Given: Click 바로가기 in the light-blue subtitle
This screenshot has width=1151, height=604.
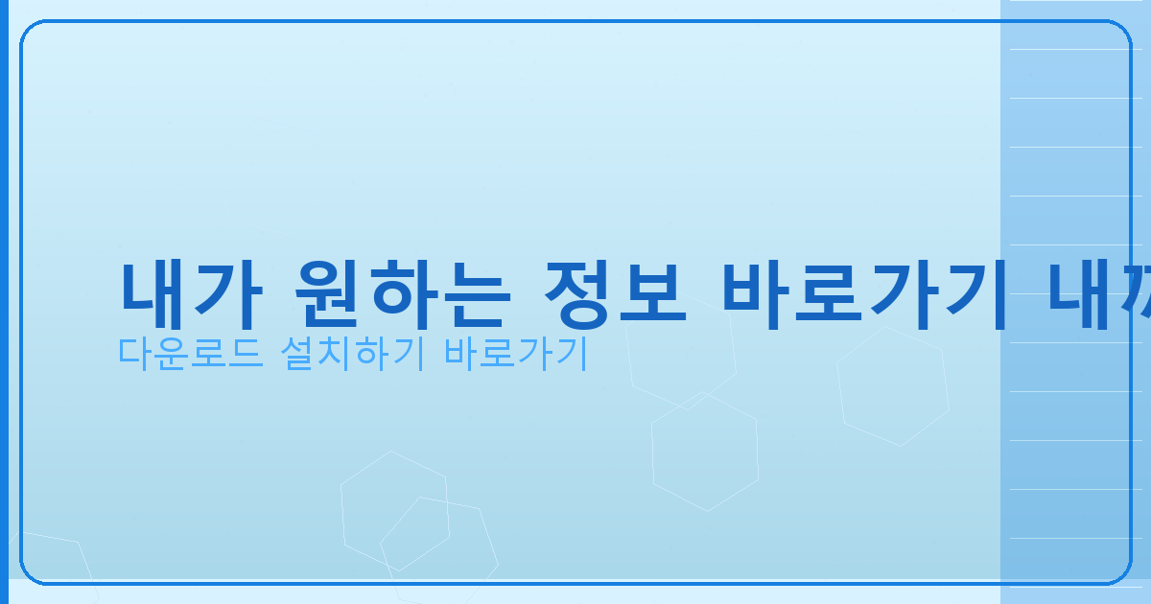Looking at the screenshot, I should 514,355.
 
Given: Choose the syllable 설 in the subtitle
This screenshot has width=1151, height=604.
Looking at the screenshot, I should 297,355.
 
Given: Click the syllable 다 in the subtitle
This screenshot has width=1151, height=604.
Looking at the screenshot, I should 135,355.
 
